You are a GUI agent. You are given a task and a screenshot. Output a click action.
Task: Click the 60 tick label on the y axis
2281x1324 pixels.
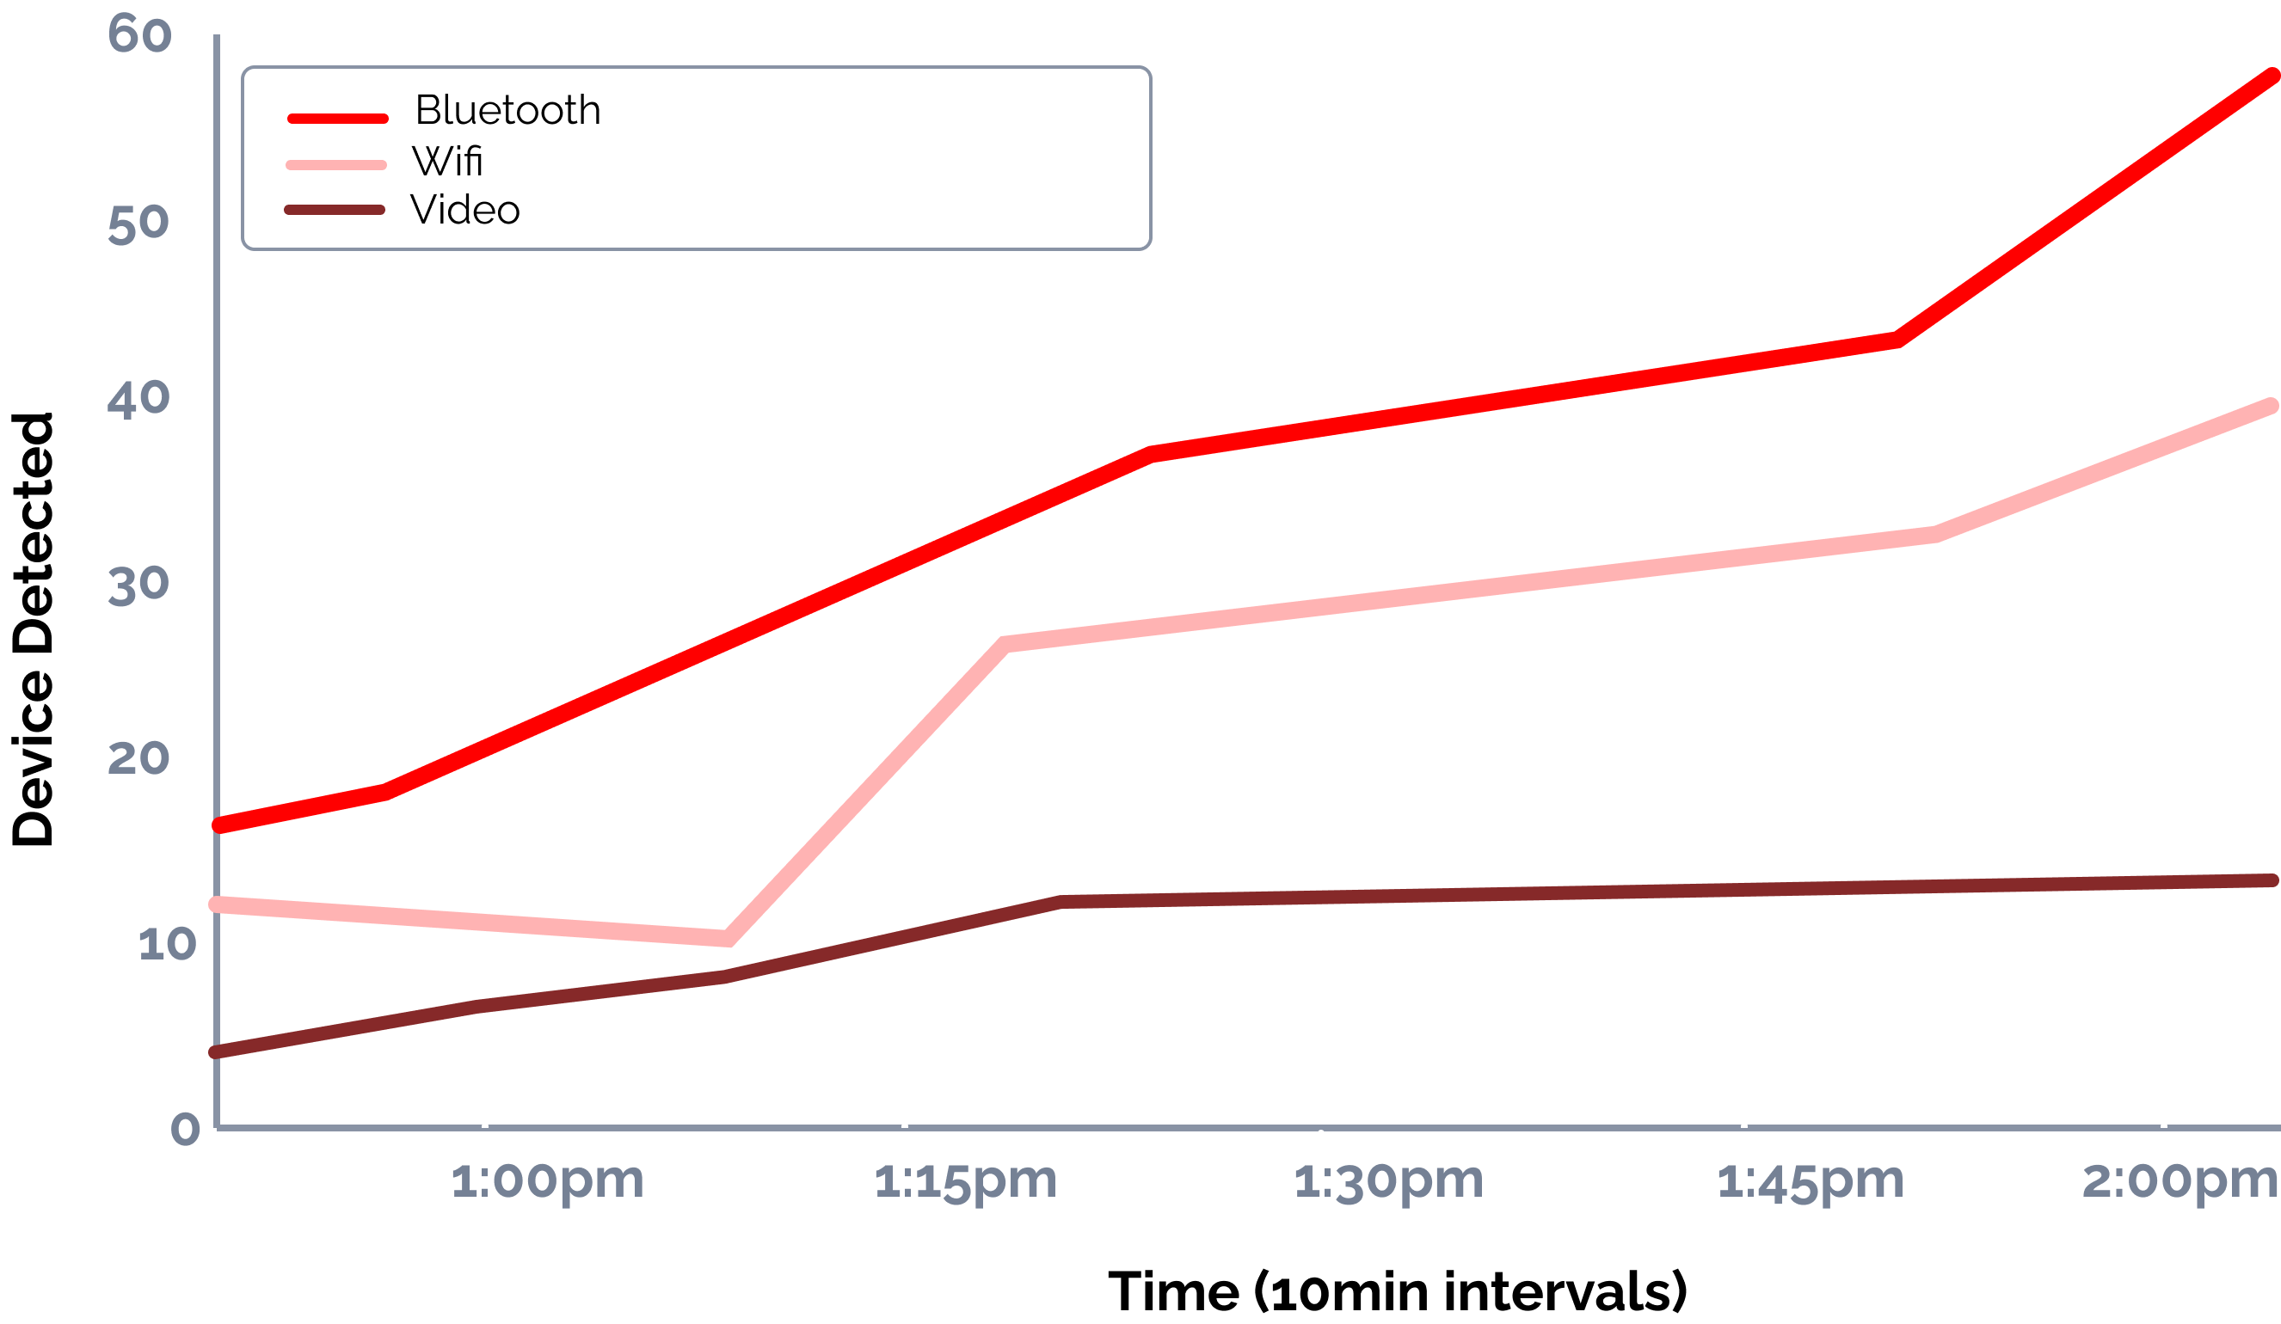(x=139, y=34)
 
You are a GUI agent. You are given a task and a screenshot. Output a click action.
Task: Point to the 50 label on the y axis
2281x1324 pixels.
(x=138, y=224)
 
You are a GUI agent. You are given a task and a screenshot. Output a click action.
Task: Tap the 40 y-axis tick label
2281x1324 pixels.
(x=138, y=398)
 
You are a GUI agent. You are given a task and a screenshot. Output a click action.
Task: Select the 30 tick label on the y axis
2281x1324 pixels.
(x=138, y=585)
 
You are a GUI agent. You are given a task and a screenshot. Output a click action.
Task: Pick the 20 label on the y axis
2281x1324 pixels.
(x=138, y=757)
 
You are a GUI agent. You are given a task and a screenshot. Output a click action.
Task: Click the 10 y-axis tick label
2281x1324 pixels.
(x=167, y=944)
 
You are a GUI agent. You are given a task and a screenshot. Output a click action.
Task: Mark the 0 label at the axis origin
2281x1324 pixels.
(x=186, y=1129)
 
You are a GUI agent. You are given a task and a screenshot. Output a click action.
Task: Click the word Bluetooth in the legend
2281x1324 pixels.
(x=507, y=110)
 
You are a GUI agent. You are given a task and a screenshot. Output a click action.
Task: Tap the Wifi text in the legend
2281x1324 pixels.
(x=447, y=162)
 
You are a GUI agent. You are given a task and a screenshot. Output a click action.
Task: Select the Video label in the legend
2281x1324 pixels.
(x=465, y=210)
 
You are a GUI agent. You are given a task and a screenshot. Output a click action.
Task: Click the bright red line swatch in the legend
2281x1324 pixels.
(x=338, y=119)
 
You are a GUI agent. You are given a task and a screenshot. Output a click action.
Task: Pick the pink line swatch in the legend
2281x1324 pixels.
(x=335, y=165)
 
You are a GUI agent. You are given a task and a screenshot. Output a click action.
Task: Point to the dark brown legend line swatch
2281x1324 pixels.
(x=335, y=210)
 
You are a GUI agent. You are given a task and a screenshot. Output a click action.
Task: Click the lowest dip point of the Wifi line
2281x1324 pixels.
(x=727, y=939)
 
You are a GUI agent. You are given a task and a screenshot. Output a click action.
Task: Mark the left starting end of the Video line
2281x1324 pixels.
(x=215, y=1051)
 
